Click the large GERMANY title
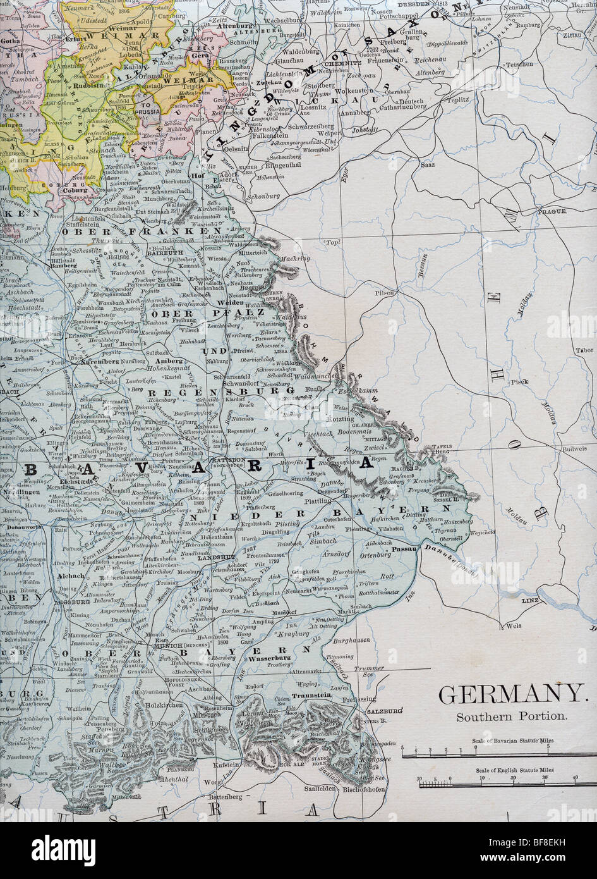(511, 694)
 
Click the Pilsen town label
(383, 293)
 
